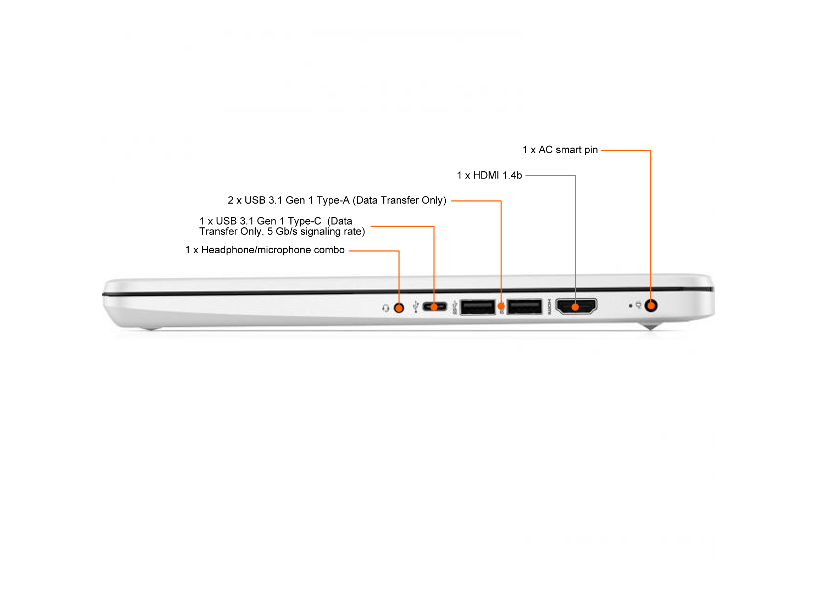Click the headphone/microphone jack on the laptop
[x=399, y=308]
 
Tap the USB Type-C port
[x=434, y=307]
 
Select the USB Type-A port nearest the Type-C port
[x=478, y=307]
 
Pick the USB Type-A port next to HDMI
[x=524, y=307]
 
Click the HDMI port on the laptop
[x=576, y=306]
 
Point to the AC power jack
[x=651, y=305]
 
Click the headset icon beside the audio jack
[x=385, y=308]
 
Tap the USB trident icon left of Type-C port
[x=416, y=307]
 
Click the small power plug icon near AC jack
[x=638, y=305]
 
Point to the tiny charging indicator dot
[x=630, y=306]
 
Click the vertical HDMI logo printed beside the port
[x=549, y=307]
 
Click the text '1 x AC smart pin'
[x=560, y=150]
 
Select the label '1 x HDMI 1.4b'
[x=489, y=175]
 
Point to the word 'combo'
[x=329, y=250]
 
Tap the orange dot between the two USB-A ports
[x=501, y=306]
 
